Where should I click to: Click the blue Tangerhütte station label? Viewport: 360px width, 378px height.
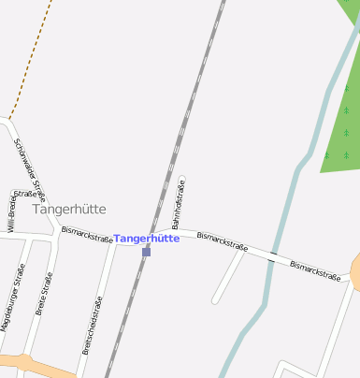[147, 239]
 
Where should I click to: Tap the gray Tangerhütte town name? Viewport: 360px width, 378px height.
[69, 209]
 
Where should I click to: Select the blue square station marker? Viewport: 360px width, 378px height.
[146, 252]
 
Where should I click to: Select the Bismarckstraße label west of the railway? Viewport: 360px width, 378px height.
[87, 234]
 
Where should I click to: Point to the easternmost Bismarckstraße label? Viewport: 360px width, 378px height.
[314, 270]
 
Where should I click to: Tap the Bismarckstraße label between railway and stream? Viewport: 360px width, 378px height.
[222, 241]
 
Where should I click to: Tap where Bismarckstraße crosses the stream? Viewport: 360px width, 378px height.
[272, 254]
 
